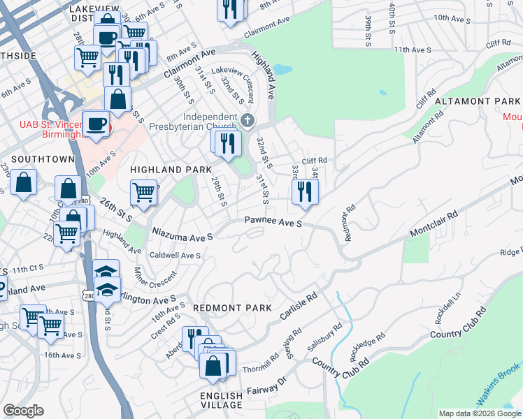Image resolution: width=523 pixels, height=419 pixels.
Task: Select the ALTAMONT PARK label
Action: (x=478, y=101)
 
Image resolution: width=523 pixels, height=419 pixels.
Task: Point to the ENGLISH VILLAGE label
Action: (x=222, y=400)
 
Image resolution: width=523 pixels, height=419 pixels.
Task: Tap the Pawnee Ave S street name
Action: (x=273, y=223)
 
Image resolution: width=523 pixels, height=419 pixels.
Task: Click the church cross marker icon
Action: (x=247, y=122)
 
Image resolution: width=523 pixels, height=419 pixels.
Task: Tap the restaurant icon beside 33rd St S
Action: (x=305, y=191)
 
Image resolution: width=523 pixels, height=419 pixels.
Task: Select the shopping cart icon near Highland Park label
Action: (x=144, y=191)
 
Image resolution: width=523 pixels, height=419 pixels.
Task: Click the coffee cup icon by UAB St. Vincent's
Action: (x=96, y=124)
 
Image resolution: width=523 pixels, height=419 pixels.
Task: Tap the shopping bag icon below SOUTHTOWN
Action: (x=24, y=183)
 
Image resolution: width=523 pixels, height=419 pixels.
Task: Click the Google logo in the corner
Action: (x=24, y=411)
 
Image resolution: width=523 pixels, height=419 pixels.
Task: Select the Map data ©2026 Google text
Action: (x=479, y=413)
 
